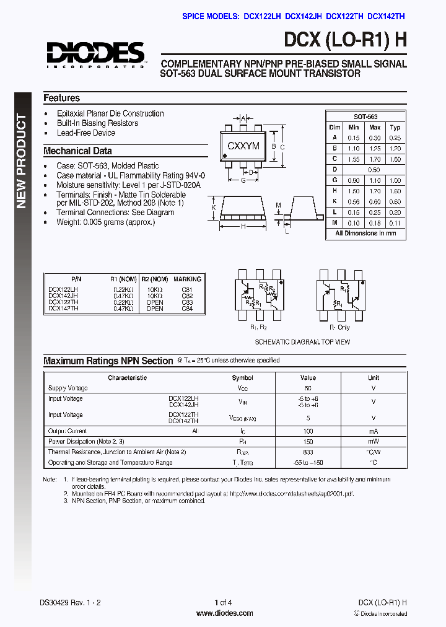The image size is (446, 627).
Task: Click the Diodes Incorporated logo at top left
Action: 95,54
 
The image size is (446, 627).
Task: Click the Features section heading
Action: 61,98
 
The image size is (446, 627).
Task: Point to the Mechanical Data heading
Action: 77,151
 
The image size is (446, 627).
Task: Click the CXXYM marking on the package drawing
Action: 244,146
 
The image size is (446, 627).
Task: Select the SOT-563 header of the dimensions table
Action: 365,116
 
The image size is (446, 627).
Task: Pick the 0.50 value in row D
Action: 374,169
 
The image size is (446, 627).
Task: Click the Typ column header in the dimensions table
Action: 395,127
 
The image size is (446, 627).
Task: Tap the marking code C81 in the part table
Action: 187,289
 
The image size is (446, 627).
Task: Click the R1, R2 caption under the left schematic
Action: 258,327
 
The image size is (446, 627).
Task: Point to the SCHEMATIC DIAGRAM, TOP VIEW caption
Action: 302,342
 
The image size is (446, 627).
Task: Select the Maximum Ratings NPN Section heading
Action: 108,361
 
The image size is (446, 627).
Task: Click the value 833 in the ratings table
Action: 308,452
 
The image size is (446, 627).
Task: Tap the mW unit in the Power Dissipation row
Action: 374,442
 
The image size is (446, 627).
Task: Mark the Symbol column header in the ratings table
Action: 242,377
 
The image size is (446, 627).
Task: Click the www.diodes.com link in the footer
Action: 224,613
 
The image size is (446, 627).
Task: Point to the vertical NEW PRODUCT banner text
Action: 22,160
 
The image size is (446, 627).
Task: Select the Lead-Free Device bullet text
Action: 86,133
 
